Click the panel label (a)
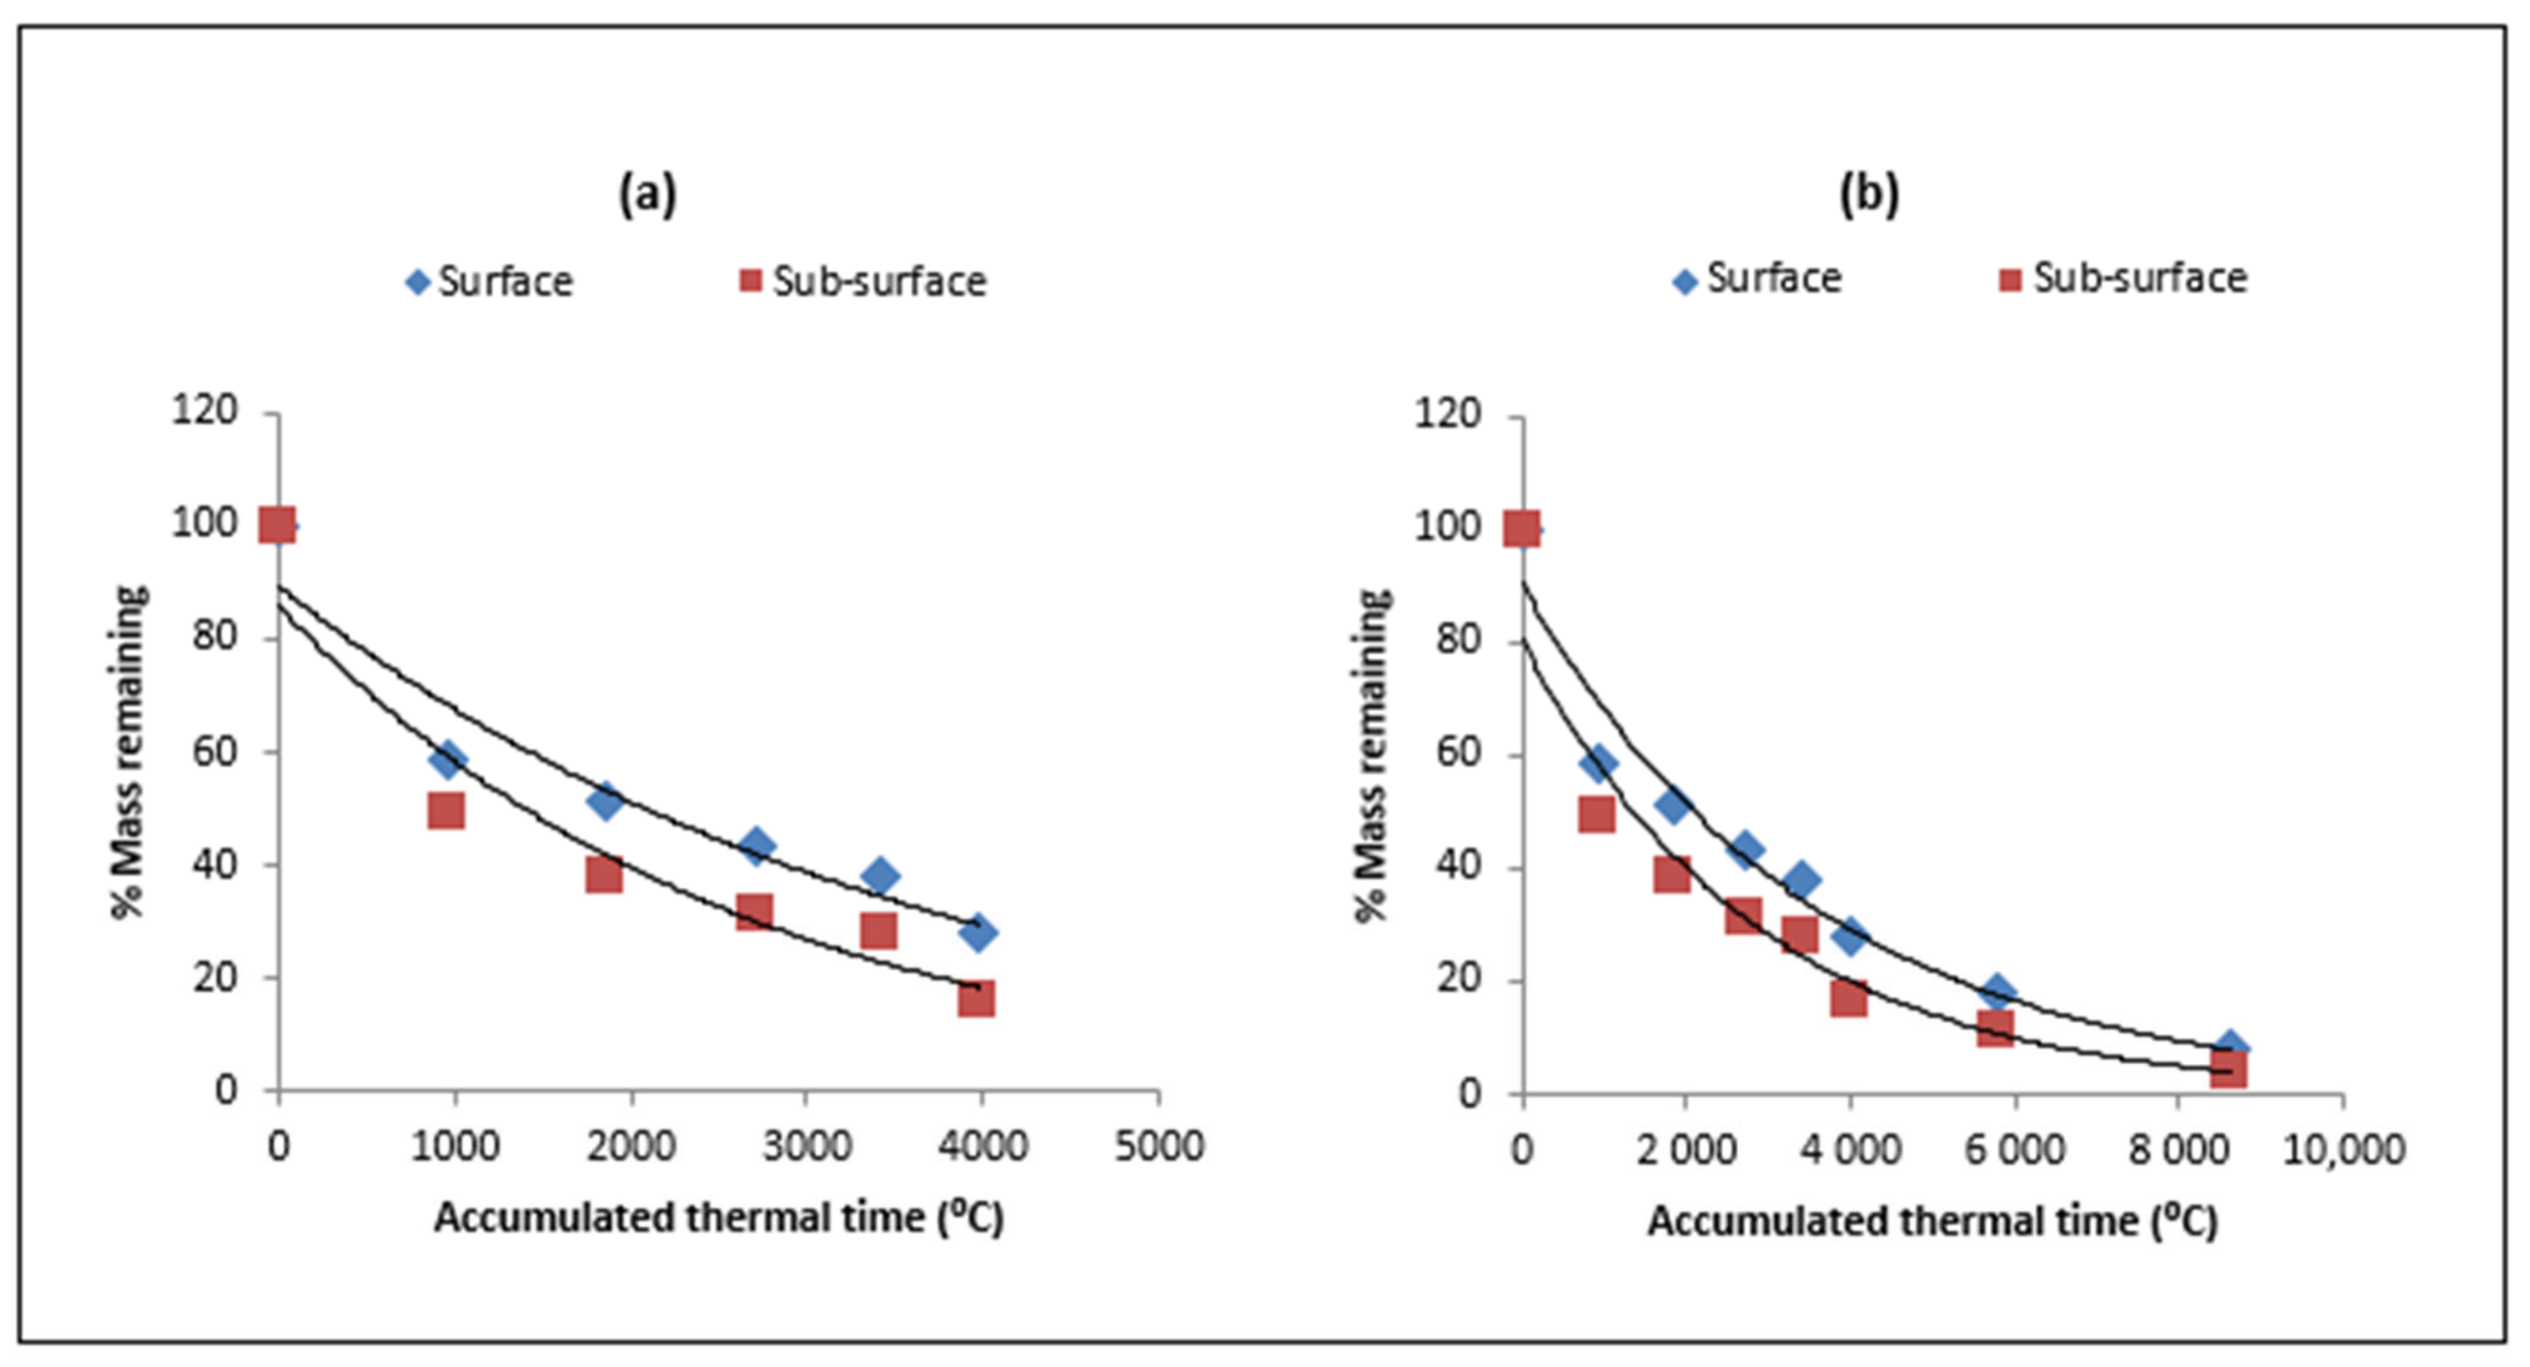pyautogui.click(x=647, y=194)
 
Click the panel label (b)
pyautogui.click(x=1868, y=194)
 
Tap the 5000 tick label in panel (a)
pyautogui.click(x=1159, y=1146)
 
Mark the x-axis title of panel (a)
pyautogui.click(x=719, y=1218)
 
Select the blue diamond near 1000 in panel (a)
pyautogui.click(x=449, y=759)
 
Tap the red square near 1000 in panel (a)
pyautogui.click(x=446, y=811)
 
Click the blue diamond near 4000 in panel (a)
pyautogui.click(x=977, y=932)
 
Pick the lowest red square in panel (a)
pyautogui.click(x=976, y=999)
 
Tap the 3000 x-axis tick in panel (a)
pyautogui.click(x=806, y=1146)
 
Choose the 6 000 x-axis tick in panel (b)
pyautogui.click(x=2014, y=1149)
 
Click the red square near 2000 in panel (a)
pyautogui.click(x=604, y=874)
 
